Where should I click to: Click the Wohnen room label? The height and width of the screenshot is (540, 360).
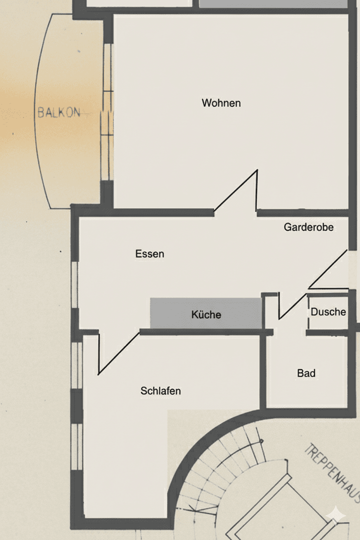tap(221, 103)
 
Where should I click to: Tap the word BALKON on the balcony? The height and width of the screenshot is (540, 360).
tap(59, 112)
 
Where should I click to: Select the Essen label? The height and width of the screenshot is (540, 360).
tap(149, 254)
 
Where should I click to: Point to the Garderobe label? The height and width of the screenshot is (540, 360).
tap(308, 227)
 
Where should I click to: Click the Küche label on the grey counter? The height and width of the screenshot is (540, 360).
tap(206, 315)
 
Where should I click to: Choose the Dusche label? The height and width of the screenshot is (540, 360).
tap(328, 312)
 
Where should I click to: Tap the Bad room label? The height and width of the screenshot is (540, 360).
tap(306, 373)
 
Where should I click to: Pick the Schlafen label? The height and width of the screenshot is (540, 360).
tap(160, 391)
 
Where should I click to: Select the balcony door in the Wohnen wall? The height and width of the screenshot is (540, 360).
tap(107, 112)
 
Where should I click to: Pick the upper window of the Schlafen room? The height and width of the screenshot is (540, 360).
tap(76, 365)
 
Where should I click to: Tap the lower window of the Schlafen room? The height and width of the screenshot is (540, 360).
tap(76, 446)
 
